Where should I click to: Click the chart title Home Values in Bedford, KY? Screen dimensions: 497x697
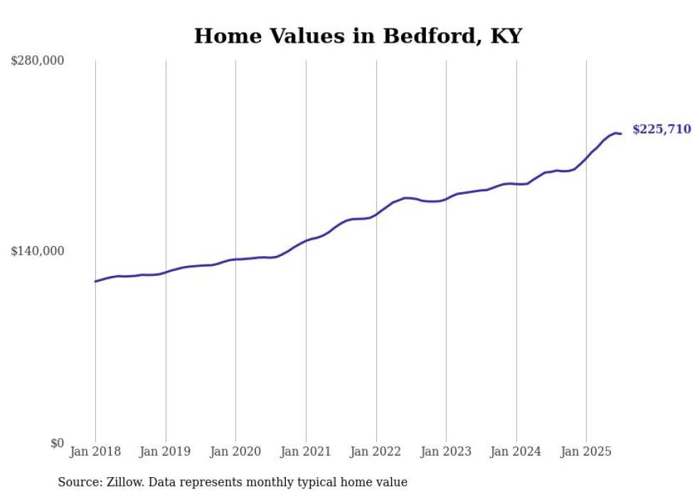coord(358,36)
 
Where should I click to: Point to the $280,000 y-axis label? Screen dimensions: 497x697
coord(38,61)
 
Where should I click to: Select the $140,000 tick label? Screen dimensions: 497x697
coord(38,251)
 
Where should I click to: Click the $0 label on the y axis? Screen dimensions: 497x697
coord(57,443)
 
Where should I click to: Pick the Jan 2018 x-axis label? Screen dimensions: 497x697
coord(95,451)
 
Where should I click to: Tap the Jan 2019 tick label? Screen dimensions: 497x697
coord(166,451)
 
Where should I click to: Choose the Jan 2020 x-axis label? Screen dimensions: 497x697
coord(235,451)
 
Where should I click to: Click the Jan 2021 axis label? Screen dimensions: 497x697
coord(306,451)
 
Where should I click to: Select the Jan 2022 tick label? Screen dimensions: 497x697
coord(376,451)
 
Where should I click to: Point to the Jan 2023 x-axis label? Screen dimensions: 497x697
coord(446,451)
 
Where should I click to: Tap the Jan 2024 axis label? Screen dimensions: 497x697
coord(516,451)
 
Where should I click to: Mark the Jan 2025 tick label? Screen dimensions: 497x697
coord(586,451)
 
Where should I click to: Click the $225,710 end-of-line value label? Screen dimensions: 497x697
coord(661,129)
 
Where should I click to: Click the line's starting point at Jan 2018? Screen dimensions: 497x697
coord(95,282)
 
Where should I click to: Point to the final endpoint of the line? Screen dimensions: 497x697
coord(621,134)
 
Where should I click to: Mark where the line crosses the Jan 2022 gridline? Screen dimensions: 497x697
coord(376,214)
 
